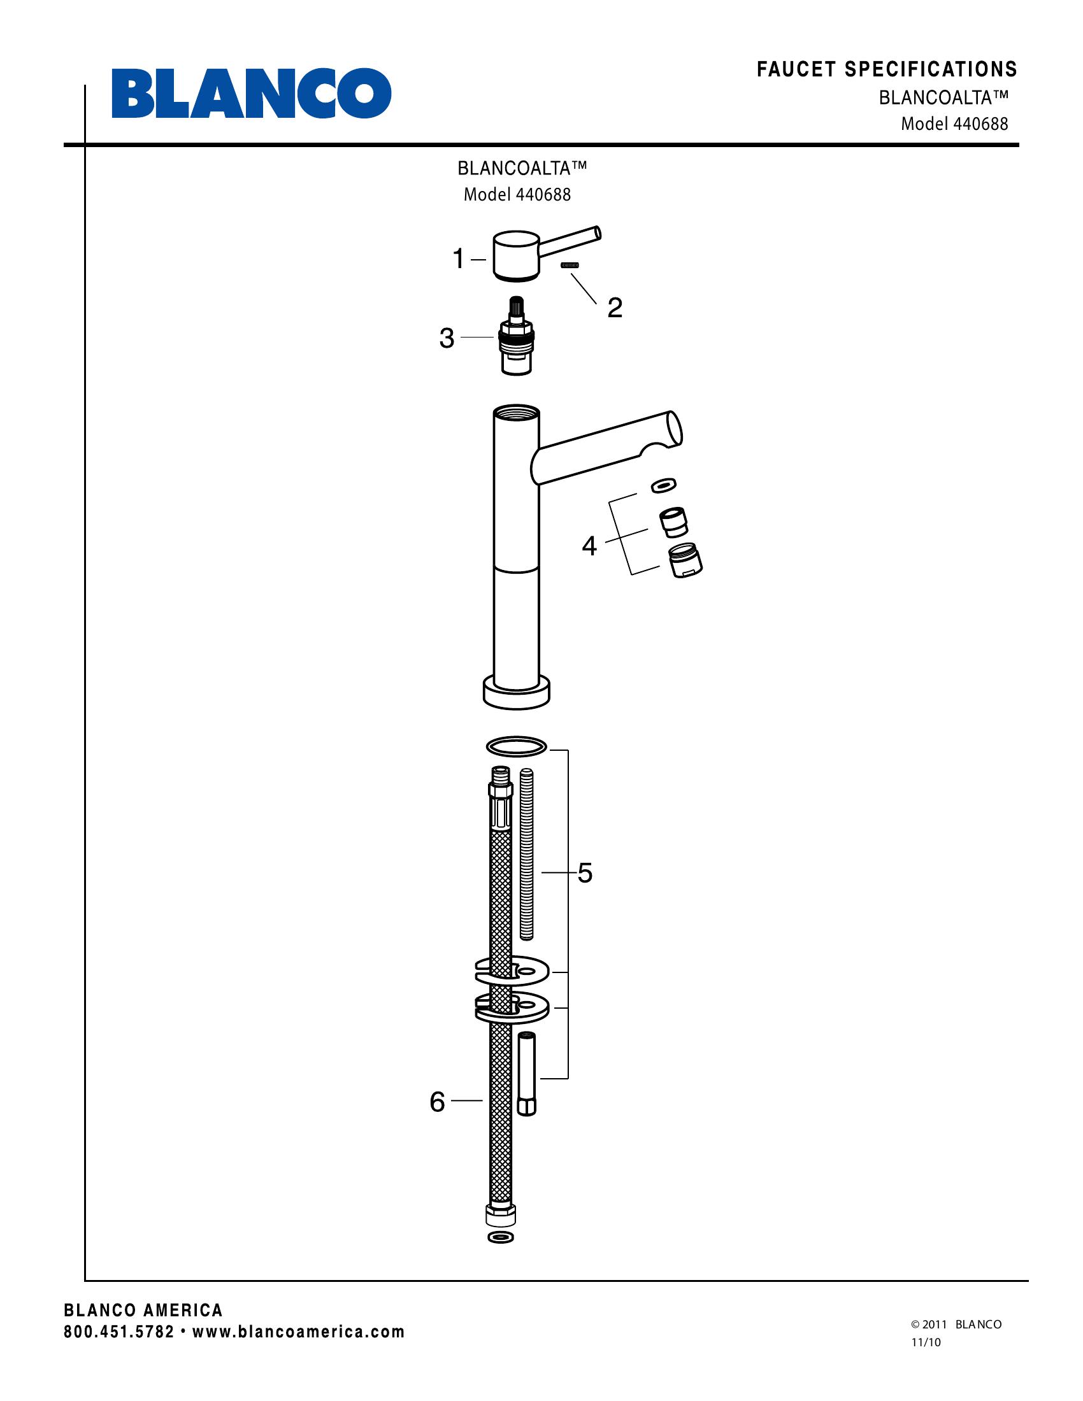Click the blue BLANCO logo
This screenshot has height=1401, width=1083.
252,93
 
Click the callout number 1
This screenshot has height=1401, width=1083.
459,259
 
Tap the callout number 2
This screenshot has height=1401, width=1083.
614,308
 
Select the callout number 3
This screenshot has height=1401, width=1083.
447,338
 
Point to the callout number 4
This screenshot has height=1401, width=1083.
589,546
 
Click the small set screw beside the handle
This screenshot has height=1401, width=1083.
570,265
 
